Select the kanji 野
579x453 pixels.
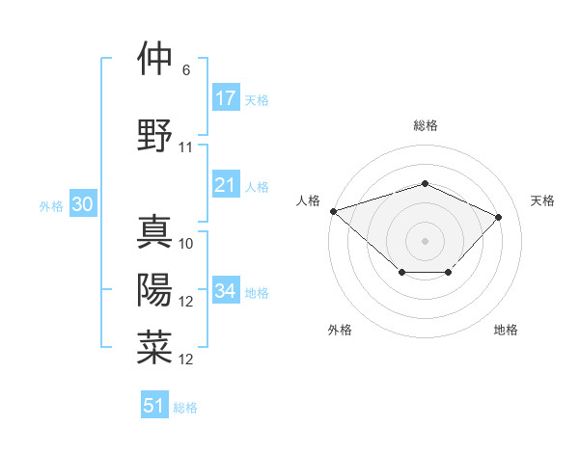(155, 135)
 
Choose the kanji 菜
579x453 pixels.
(155, 347)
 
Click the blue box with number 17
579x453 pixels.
(226, 98)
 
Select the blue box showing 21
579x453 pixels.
(226, 185)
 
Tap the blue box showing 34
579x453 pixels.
(226, 291)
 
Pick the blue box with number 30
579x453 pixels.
(83, 204)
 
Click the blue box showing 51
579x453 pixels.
(154, 406)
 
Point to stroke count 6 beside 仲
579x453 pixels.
(186, 70)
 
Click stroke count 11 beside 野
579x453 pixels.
(186, 147)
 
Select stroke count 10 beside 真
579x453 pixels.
(186, 244)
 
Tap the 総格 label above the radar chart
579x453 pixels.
(425, 125)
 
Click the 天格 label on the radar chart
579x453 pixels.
(542, 200)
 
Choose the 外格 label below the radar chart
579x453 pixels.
(340, 331)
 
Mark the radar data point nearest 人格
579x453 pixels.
(333, 211)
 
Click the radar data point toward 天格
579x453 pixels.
(498, 217)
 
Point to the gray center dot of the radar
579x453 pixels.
(425, 240)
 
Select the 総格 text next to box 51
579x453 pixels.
(185, 408)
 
